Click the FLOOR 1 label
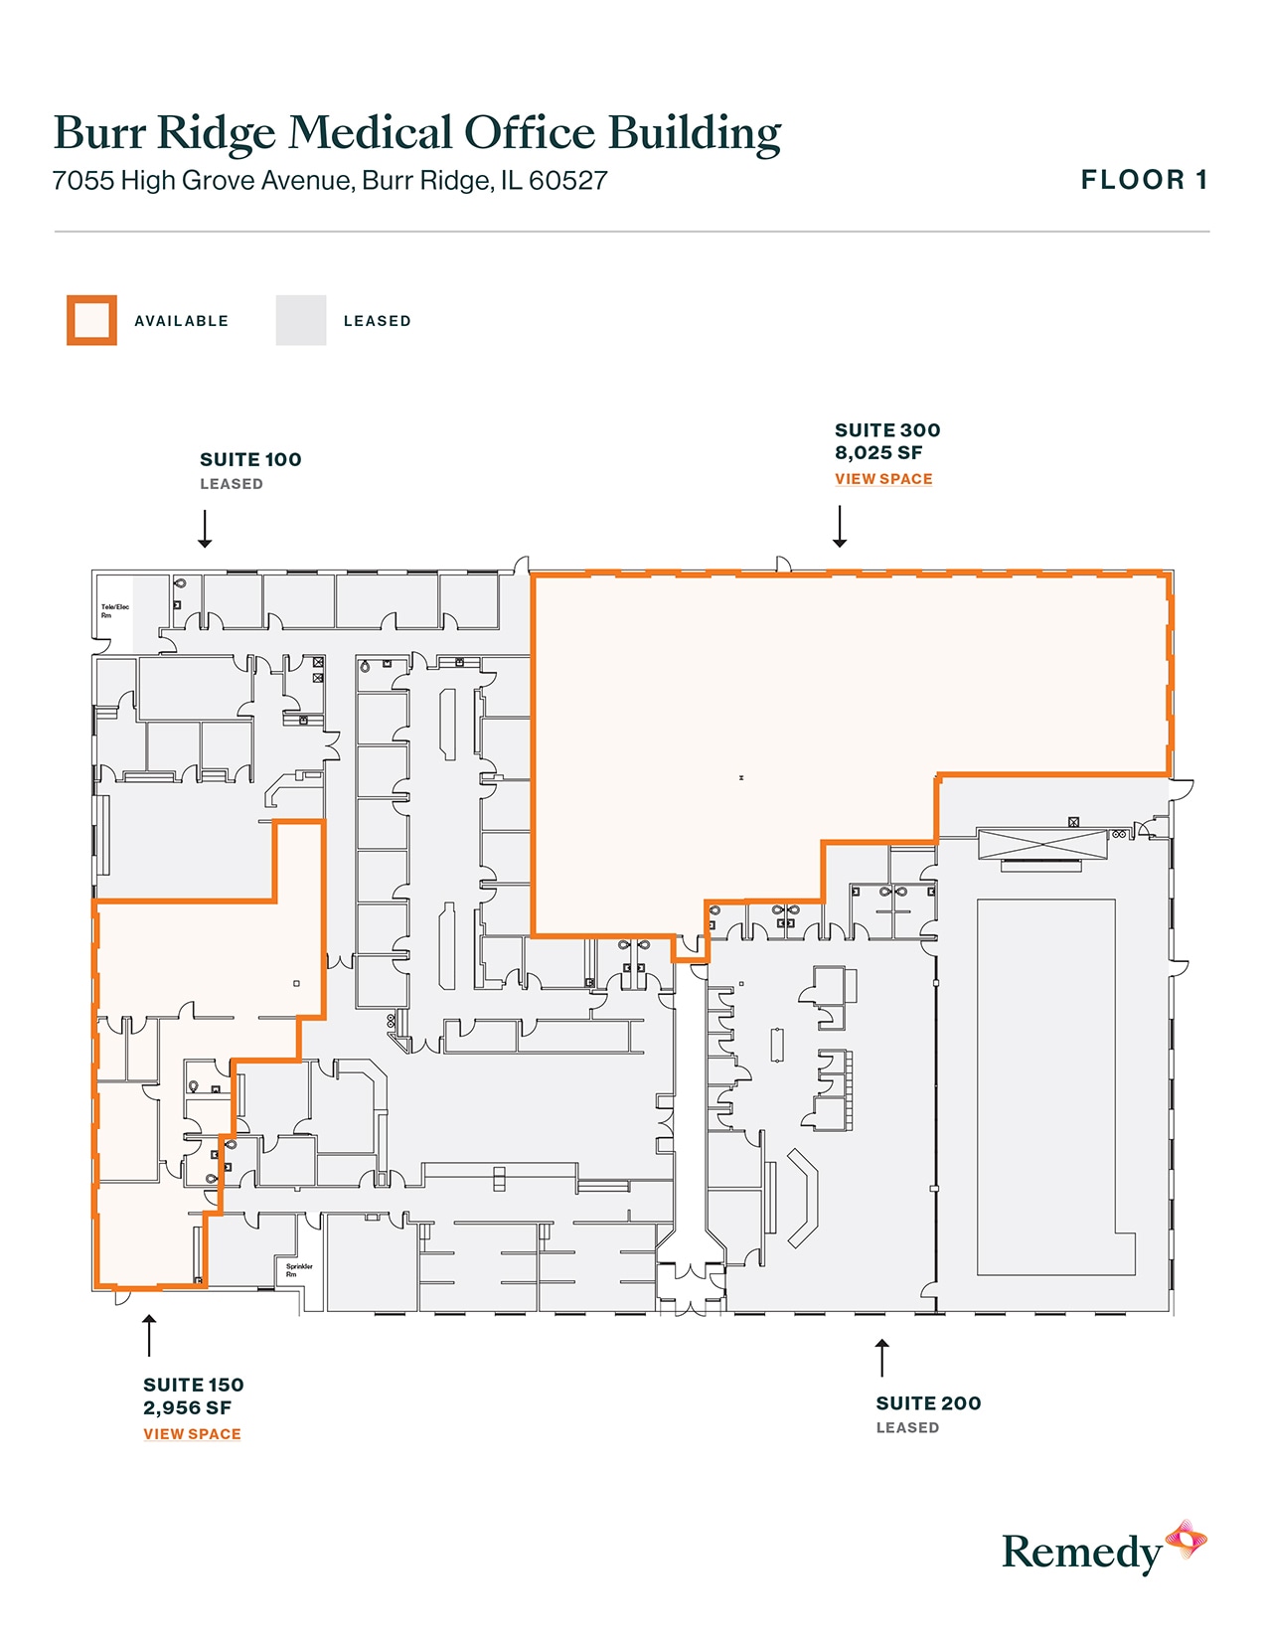coord(1144,180)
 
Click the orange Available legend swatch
coord(91,320)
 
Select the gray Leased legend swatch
coord(300,320)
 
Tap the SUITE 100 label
coord(250,459)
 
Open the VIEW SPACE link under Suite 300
coord(883,479)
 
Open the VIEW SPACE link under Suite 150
coord(192,1434)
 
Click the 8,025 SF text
coord(878,453)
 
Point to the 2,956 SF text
coord(187,1408)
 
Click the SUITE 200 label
coord(928,1403)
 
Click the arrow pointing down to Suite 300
coord(840,527)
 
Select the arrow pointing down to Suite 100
coord(205,529)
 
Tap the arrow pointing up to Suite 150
coord(149,1335)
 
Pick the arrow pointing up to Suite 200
coord(881,1358)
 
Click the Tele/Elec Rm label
coord(114,610)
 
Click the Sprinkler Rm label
coord(298,1269)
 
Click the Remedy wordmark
coord(1081,1553)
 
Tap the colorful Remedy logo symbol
coord(1186,1540)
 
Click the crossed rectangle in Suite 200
coord(1041,845)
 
